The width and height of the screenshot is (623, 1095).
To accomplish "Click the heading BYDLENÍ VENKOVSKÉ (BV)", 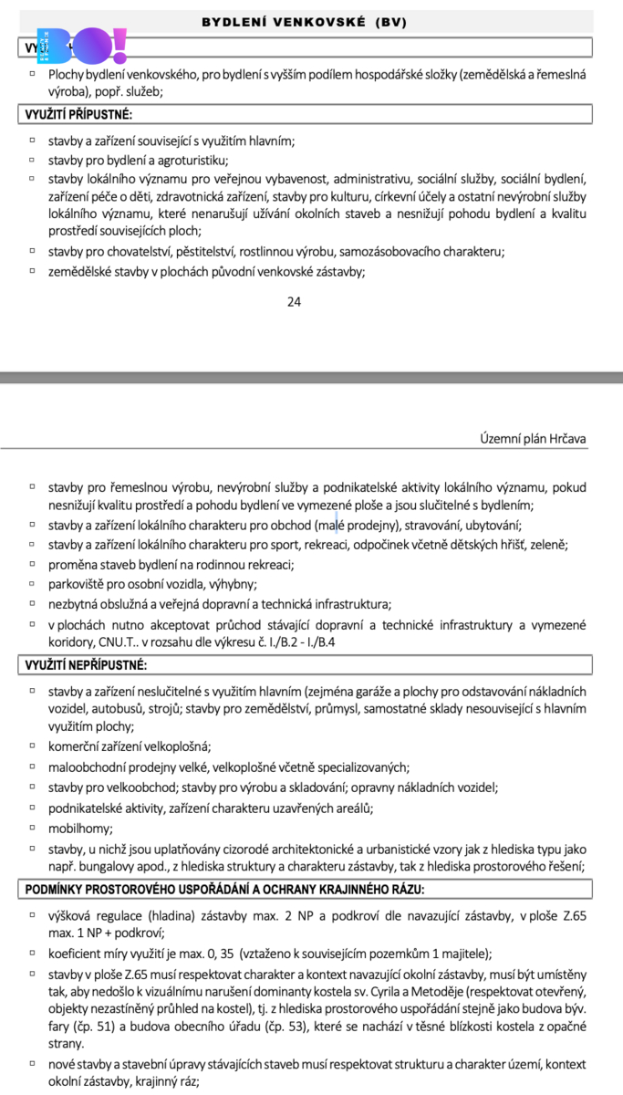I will (305, 21).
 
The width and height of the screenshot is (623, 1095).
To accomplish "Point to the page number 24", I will (294, 302).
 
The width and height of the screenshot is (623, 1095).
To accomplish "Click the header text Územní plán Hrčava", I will (533, 439).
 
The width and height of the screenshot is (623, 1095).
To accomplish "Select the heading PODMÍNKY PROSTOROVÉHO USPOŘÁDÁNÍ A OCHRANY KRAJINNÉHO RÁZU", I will (233, 889).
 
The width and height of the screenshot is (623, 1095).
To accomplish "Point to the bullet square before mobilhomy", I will (32, 828).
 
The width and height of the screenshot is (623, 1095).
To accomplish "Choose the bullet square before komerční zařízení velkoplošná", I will (32, 746).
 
